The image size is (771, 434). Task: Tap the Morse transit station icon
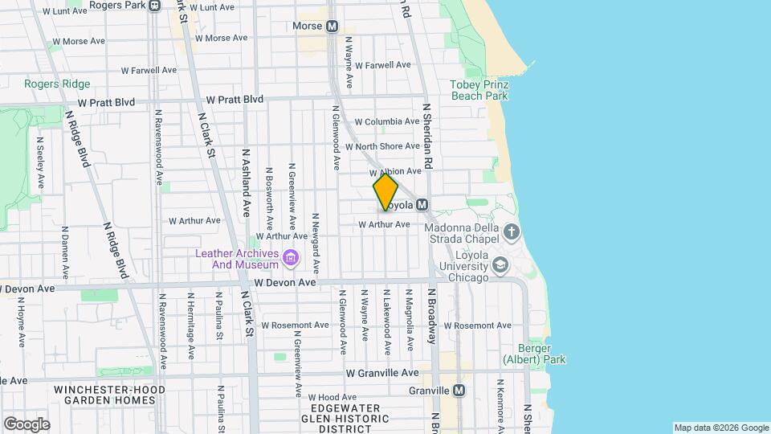(x=332, y=27)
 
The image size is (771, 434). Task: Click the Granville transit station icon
(x=459, y=391)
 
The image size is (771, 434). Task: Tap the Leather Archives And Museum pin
(x=290, y=258)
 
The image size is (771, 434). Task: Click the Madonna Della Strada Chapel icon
(x=512, y=233)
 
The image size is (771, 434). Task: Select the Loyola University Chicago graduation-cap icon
(x=500, y=264)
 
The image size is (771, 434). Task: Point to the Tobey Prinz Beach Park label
(x=479, y=90)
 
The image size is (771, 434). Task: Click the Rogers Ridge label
(x=57, y=84)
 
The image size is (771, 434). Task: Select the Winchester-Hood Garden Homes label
(x=109, y=395)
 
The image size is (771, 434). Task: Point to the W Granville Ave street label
(x=382, y=373)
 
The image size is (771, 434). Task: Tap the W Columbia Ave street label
(x=387, y=122)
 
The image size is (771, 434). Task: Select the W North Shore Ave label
(x=382, y=146)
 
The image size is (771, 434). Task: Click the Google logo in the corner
(x=27, y=424)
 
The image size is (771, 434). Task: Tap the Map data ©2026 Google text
(x=720, y=428)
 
